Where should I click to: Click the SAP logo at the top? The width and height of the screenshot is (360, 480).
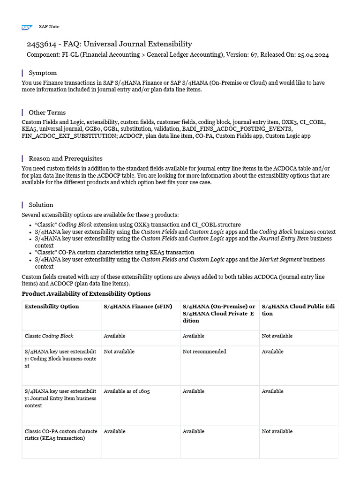26,27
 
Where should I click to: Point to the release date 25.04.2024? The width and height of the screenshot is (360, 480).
313,55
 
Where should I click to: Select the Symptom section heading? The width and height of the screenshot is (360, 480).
43,73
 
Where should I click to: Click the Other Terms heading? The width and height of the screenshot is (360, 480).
47,112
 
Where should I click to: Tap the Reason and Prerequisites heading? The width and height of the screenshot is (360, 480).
65,158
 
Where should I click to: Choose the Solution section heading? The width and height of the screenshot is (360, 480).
41,205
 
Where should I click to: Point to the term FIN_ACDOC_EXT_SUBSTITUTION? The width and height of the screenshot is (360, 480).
69,136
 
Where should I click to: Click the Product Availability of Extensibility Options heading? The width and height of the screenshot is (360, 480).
86,294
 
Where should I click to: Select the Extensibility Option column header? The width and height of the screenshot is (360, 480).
52,307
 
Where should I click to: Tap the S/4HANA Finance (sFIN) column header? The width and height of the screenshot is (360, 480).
138,307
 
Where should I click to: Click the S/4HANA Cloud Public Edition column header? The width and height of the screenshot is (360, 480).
298,310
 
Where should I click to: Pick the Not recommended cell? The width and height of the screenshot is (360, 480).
204,352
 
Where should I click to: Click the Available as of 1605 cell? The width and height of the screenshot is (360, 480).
127,391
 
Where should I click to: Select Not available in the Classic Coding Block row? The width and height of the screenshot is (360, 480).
277,336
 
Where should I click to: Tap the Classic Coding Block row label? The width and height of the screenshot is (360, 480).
49,336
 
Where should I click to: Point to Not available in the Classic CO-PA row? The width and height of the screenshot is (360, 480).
277,431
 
